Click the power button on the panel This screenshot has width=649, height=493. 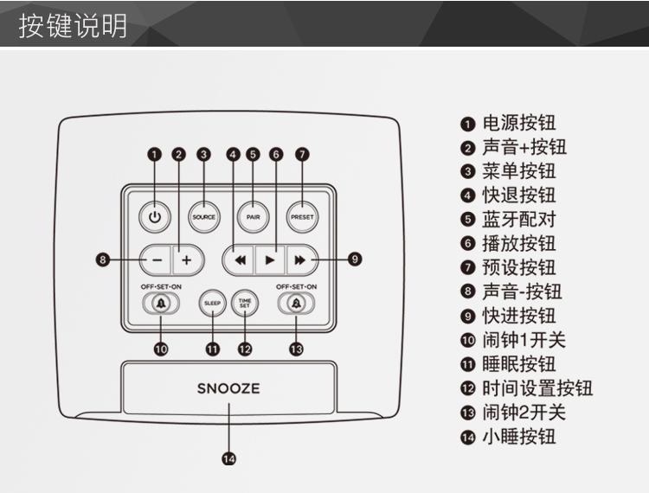pyautogui.click(x=154, y=217)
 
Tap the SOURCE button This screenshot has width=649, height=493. pyautogui.click(x=203, y=217)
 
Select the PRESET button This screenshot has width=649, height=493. pyautogui.click(x=302, y=217)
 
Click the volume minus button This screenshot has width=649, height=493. pyautogui.click(x=156, y=259)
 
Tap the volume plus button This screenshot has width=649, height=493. pyautogui.click(x=186, y=259)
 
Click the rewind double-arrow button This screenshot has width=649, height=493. pyautogui.click(x=240, y=259)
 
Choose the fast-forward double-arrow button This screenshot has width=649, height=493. pyautogui.click(x=299, y=259)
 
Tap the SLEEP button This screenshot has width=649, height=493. pyautogui.click(x=212, y=303)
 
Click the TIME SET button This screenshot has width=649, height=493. pyautogui.click(x=244, y=303)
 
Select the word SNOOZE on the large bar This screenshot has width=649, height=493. pyautogui.click(x=228, y=388)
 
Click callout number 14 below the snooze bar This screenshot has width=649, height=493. pyautogui.click(x=228, y=460)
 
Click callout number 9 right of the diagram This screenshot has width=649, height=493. pyautogui.click(x=355, y=259)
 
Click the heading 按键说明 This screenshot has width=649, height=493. pyautogui.click(x=74, y=25)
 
